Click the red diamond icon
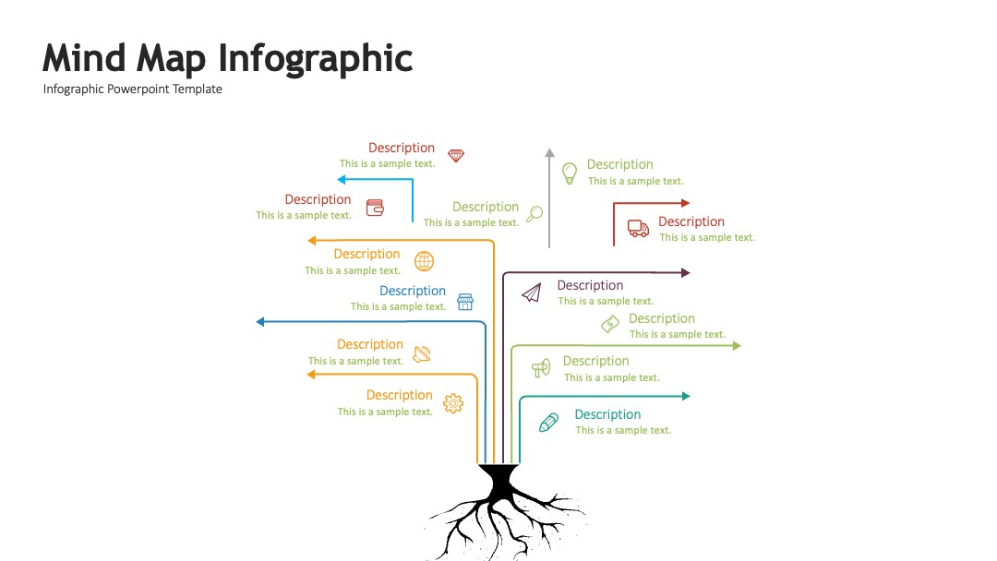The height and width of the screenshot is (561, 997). tap(456, 156)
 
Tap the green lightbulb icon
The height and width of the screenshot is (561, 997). tap(569, 173)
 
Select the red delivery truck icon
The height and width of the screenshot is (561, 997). tap(638, 228)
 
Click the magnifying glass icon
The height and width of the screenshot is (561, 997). tap(535, 213)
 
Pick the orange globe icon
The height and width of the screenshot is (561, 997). tap(424, 261)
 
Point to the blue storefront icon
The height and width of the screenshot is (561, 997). tap(465, 302)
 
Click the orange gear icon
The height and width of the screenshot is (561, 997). tap(453, 403)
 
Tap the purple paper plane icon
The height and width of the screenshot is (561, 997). tap(532, 292)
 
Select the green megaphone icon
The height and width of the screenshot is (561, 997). tap(541, 367)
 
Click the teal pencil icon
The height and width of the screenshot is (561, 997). tap(548, 423)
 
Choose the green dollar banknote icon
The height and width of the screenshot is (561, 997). tap(610, 324)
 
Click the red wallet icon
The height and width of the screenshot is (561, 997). tap(375, 208)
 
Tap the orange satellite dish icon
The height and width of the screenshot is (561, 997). tap(422, 354)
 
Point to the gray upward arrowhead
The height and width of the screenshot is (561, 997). tap(550, 152)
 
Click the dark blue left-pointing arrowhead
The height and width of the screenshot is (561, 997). tap(260, 322)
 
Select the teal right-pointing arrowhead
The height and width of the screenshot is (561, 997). tap(686, 396)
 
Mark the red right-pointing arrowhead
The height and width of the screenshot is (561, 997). tap(685, 203)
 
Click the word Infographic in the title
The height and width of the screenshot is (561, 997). tap(316, 58)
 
